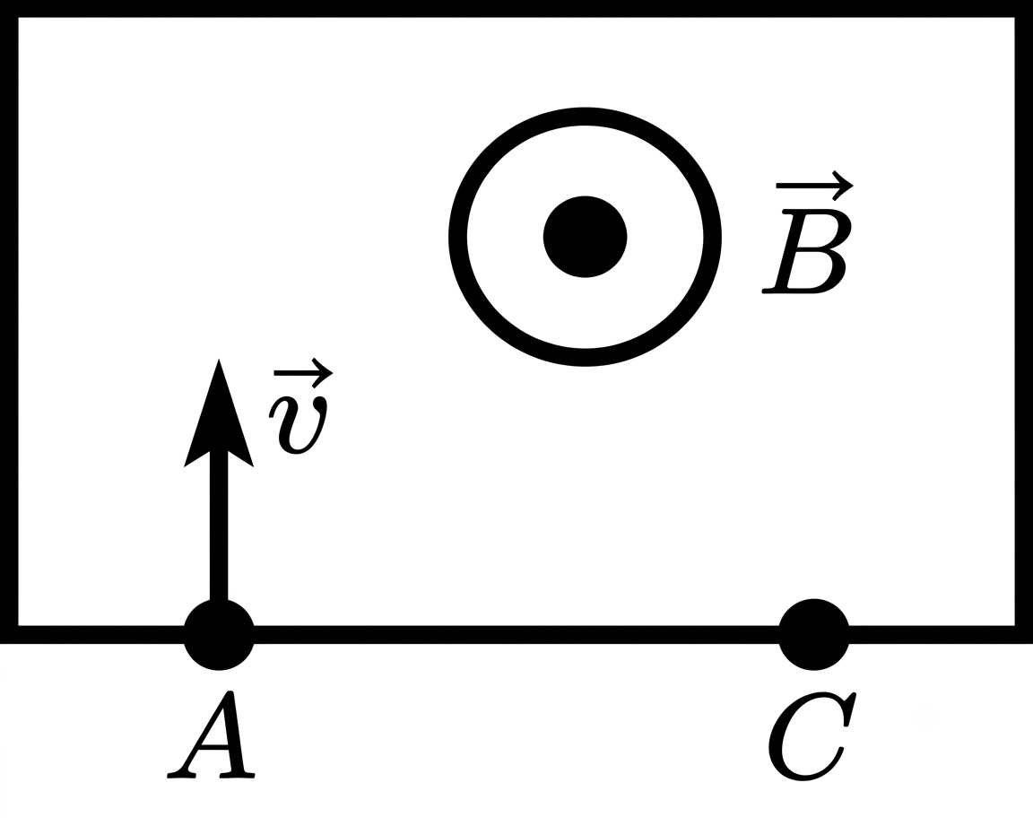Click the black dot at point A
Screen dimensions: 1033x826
click(219, 635)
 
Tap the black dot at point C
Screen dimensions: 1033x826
click(813, 635)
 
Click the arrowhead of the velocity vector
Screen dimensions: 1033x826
click(219, 422)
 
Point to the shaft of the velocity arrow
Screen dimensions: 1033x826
click(219, 527)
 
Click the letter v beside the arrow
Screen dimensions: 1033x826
click(298, 425)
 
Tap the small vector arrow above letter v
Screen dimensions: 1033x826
click(304, 373)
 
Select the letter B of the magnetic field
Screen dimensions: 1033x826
click(807, 251)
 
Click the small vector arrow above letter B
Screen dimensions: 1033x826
click(815, 185)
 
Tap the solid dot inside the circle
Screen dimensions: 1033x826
click(585, 237)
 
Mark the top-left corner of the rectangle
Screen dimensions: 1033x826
click(9, 9)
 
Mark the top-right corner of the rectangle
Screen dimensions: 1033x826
click(1024, 9)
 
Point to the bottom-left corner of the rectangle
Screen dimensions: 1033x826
click(9, 634)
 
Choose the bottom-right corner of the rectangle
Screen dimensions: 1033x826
click(1024, 634)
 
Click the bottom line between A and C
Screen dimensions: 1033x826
click(516, 634)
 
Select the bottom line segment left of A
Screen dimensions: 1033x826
click(92, 634)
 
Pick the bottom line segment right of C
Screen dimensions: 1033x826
click(941, 634)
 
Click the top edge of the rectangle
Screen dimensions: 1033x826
click(516, 9)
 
